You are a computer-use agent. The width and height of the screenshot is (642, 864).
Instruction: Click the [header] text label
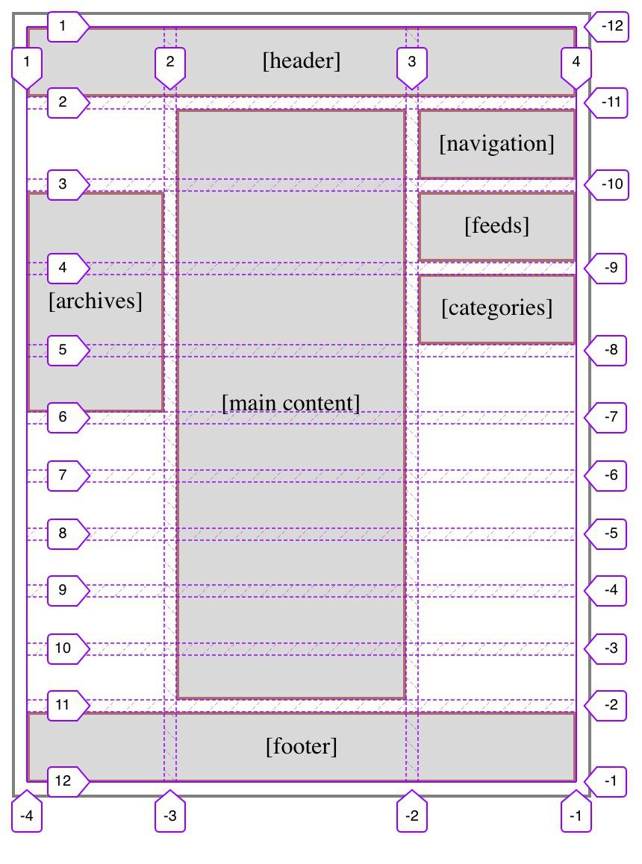click(x=301, y=60)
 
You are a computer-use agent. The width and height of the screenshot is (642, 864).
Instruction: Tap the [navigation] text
click(x=496, y=143)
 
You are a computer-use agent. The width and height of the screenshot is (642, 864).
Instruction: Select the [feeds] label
click(x=496, y=225)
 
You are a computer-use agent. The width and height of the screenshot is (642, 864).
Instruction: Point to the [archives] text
click(x=96, y=301)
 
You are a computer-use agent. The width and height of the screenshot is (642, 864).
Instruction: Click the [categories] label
click(x=496, y=307)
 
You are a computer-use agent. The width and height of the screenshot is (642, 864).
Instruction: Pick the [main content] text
click(x=290, y=403)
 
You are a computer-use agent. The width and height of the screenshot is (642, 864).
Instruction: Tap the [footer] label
click(x=301, y=747)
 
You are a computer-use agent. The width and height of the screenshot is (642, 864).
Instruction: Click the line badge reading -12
click(x=607, y=26)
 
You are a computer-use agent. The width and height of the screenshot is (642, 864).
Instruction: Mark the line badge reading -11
click(x=606, y=102)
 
